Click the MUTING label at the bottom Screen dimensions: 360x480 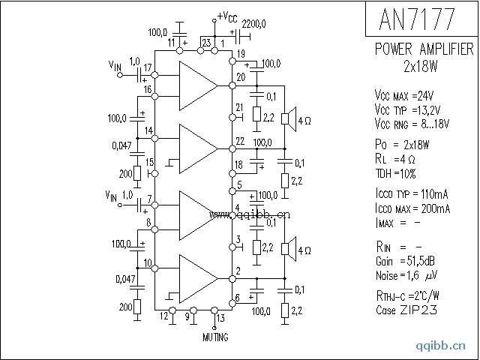pyautogui.click(x=216, y=337)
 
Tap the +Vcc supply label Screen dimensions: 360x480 pyautogui.click(x=228, y=16)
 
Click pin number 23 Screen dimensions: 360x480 pyautogui.click(x=206, y=43)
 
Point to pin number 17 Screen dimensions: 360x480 pyautogui.click(x=148, y=68)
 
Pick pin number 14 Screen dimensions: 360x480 pyautogui.click(x=149, y=131)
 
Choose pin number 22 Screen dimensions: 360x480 pyautogui.click(x=239, y=141)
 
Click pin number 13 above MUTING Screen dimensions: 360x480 pyautogui.click(x=220, y=318)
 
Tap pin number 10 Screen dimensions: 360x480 pyautogui.click(x=148, y=262)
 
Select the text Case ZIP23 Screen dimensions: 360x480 pyautogui.click(x=406, y=309)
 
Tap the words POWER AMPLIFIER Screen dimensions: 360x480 pyautogui.click(x=424, y=49)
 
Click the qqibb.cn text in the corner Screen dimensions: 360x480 pyautogui.click(x=445, y=347)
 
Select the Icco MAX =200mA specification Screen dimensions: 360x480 pyautogui.click(x=412, y=208)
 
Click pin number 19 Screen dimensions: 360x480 pyautogui.click(x=241, y=52)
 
